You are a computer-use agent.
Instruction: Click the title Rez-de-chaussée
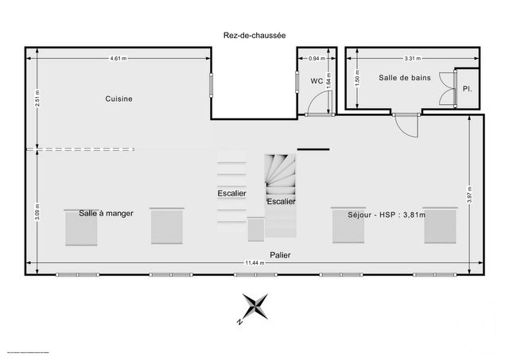(254, 35)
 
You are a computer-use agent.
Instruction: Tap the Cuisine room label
(119, 99)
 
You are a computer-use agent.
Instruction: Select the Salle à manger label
(106, 214)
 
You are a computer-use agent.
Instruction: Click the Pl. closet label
(466, 89)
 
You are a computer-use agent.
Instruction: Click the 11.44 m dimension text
(254, 264)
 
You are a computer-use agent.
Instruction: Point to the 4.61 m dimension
(119, 59)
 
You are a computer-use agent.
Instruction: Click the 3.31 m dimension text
(412, 59)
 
